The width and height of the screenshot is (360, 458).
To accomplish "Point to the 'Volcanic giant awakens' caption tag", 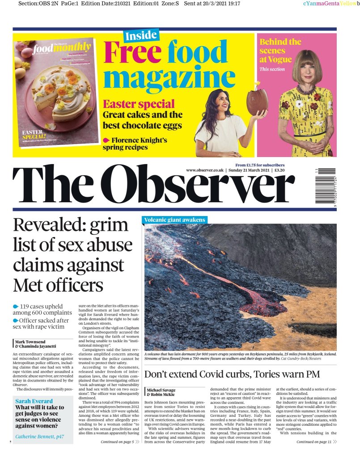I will click(175, 220).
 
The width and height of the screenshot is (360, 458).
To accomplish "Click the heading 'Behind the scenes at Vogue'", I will click(280, 51).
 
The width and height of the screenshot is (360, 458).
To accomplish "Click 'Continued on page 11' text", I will click(313, 442).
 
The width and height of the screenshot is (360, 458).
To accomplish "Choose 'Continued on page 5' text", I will click(117, 442).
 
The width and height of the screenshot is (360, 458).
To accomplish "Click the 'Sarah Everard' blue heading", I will click(34, 402).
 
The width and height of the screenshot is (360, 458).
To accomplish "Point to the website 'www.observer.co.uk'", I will click(205, 170).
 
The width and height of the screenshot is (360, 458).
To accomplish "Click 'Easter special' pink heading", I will click(139, 104).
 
